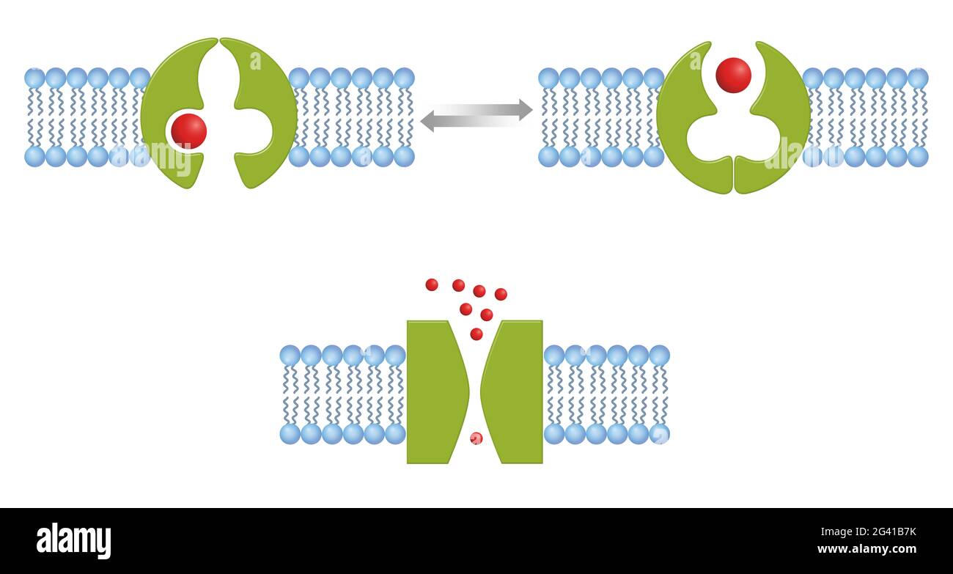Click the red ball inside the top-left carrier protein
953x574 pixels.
point(189,131)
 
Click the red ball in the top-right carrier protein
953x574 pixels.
point(734,76)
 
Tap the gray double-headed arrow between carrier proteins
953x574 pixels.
point(476,116)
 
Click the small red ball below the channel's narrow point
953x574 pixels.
point(476,438)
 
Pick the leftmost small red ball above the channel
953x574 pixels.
point(432,284)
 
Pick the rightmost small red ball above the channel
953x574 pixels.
point(501,294)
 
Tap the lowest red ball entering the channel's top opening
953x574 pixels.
point(476,334)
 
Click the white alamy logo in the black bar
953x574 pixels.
point(73,540)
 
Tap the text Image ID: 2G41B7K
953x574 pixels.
point(868,531)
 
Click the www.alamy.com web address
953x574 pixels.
point(867,549)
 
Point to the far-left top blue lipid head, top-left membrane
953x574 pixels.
point(35,78)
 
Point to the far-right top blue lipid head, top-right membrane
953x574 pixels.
point(918,78)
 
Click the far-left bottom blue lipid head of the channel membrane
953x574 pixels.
point(290,434)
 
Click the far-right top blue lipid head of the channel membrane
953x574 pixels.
point(660,356)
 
